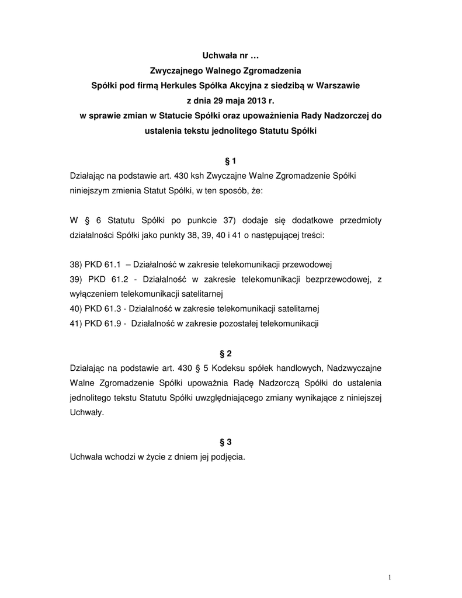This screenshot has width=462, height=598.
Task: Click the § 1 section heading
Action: pyautogui.click(x=231, y=161)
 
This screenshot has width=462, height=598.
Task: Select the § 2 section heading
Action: pyautogui.click(x=231, y=354)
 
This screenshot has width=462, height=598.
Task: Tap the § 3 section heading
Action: pyautogui.click(x=231, y=442)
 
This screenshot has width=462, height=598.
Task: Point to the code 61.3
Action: pyautogui.click(x=111, y=308)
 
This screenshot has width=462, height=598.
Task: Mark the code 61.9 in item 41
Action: pyautogui.click(x=111, y=324)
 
